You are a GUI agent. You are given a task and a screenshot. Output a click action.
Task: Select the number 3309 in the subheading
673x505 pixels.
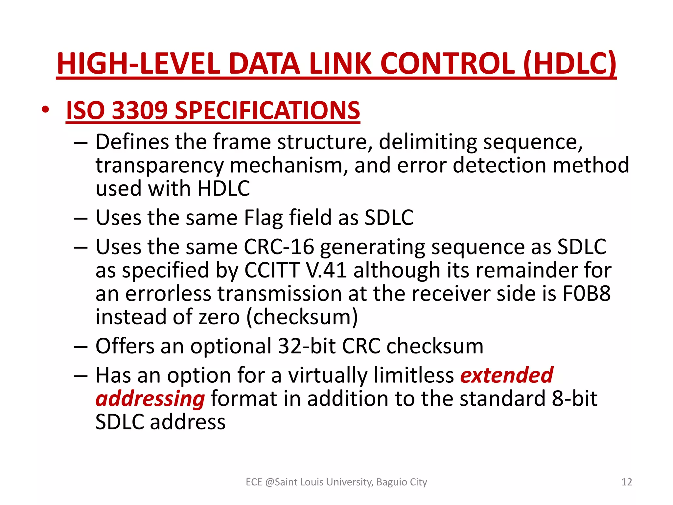(140, 110)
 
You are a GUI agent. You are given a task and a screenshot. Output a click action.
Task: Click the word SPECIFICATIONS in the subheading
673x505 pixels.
(267, 110)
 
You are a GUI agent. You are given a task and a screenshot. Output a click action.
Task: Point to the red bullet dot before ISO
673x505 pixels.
(45, 109)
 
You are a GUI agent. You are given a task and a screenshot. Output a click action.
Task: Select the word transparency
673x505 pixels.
(159, 166)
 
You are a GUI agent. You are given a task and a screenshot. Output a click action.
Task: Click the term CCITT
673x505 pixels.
(272, 270)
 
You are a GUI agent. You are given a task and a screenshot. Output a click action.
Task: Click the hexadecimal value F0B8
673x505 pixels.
(586, 293)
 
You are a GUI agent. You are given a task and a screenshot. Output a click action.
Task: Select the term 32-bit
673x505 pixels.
(307, 346)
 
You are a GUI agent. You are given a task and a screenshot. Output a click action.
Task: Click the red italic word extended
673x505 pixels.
(507, 375)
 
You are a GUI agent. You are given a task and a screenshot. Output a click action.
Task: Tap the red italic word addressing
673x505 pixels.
(150, 399)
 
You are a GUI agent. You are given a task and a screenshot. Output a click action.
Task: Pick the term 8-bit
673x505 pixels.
(574, 398)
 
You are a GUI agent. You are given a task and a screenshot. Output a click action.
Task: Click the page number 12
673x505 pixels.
(627, 482)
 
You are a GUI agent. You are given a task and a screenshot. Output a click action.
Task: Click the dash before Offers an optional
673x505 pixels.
(81, 347)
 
